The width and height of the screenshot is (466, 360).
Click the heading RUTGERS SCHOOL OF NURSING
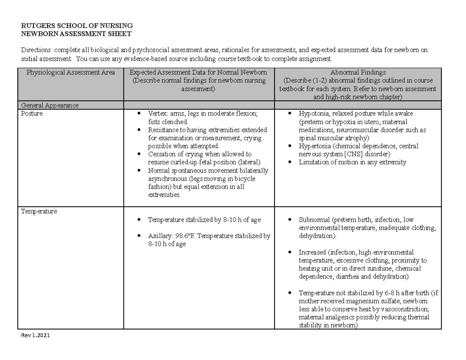click(x=77, y=26)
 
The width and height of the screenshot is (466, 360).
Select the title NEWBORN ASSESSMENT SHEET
click(x=77, y=34)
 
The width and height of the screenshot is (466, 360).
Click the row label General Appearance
click(x=50, y=105)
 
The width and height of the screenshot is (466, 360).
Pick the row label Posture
click(x=32, y=114)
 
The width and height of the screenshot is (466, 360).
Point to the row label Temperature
click(x=39, y=211)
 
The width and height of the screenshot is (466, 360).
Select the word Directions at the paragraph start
click(x=37, y=50)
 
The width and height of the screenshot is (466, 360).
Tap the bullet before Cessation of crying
click(x=139, y=154)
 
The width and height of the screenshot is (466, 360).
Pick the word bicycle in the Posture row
click(x=243, y=179)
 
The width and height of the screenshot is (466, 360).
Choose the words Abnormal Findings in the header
click(x=357, y=72)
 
